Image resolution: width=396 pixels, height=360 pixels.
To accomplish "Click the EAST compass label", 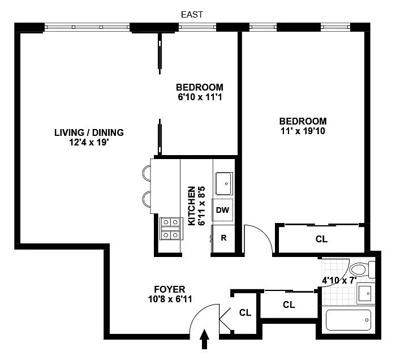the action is [x=192, y=15].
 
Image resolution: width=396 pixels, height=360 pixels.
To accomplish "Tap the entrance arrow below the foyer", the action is [x=205, y=339].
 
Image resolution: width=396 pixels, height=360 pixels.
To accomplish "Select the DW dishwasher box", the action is [x=222, y=210].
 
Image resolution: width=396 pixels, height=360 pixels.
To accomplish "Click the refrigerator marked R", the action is [x=223, y=238].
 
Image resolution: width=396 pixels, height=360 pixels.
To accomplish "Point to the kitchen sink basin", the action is [x=224, y=183].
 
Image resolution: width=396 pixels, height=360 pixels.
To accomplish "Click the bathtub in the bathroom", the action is [x=348, y=320].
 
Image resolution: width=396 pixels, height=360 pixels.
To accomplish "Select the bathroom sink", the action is [x=365, y=294].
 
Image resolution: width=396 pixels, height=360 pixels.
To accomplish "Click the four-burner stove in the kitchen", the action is [x=170, y=229].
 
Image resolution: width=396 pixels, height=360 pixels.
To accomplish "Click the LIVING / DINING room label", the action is [x=89, y=132].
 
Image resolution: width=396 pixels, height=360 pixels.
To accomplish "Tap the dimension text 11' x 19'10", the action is [x=303, y=131].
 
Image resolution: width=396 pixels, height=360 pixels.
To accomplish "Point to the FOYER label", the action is [x=170, y=289].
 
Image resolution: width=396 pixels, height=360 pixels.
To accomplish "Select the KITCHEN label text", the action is [x=192, y=206].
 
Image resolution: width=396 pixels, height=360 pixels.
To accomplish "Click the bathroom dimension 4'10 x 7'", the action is [x=339, y=280].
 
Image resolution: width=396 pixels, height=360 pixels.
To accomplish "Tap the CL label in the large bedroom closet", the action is [x=321, y=239].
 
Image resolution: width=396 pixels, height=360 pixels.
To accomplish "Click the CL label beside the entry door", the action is [x=245, y=313].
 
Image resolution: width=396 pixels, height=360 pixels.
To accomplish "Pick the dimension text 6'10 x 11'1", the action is [x=200, y=97].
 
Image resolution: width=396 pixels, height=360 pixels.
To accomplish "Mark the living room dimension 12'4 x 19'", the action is [x=89, y=143].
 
